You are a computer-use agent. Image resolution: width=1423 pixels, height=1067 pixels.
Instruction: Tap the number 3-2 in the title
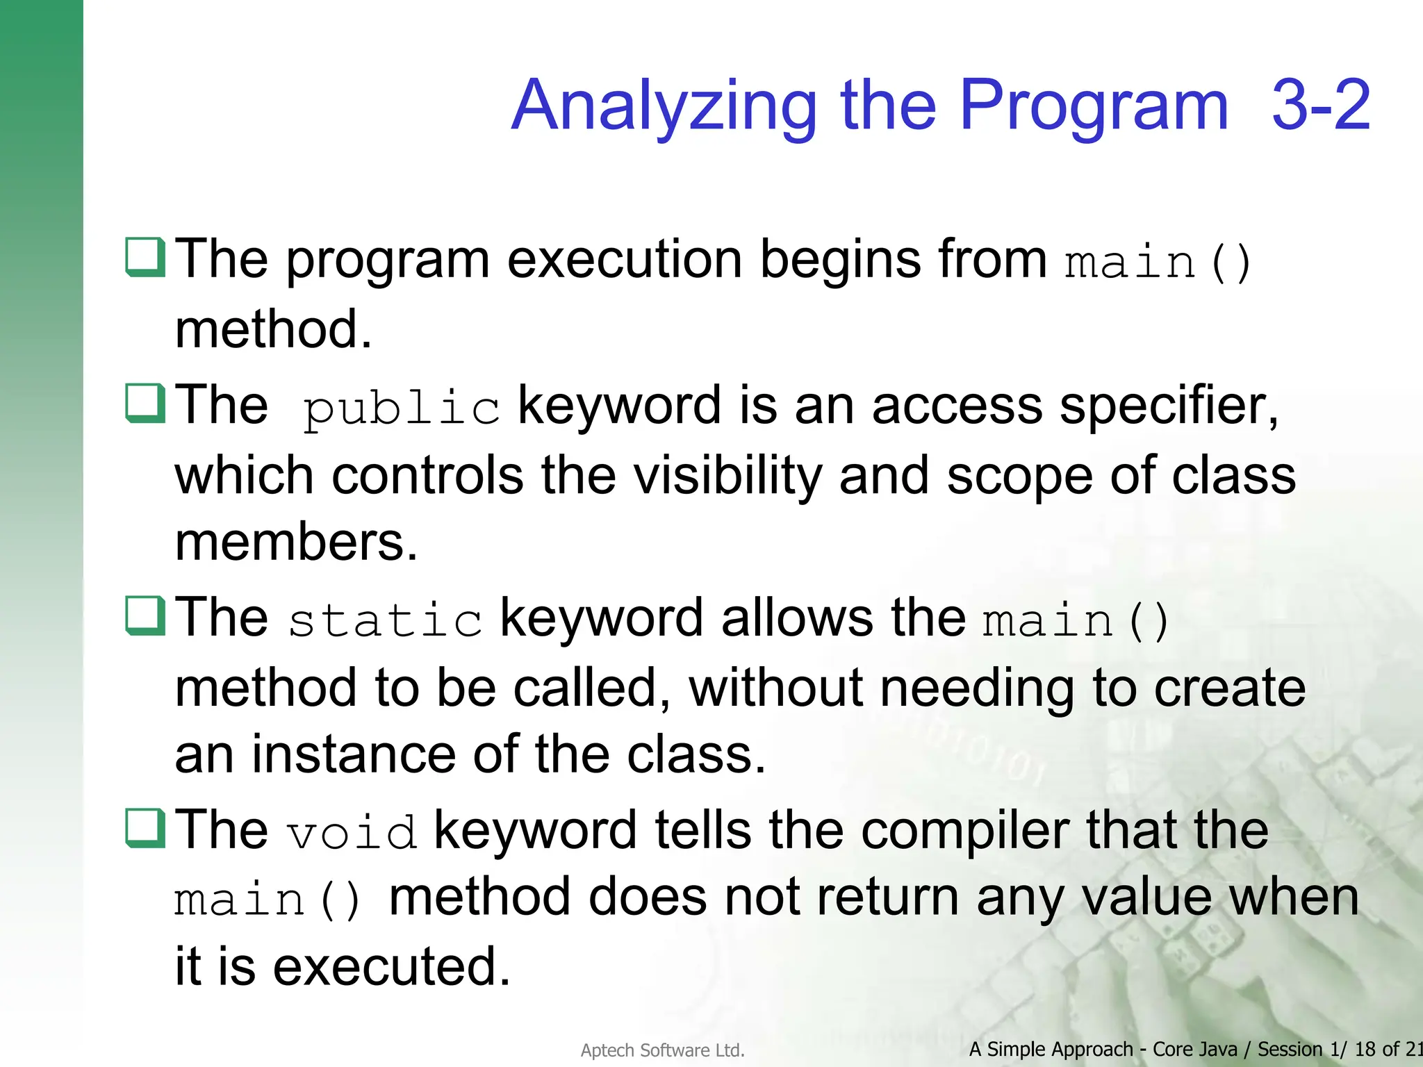tap(1320, 106)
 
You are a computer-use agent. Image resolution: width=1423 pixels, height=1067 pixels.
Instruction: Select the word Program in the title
tap(1094, 106)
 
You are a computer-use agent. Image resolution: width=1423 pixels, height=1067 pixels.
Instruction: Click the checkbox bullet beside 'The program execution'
tap(145, 257)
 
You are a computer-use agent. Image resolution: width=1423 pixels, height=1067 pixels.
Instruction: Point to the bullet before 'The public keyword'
tap(145, 403)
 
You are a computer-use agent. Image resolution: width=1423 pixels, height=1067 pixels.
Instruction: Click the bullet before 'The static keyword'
tap(145, 615)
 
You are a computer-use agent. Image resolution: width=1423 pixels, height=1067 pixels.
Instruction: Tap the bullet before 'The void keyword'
tap(145, 828)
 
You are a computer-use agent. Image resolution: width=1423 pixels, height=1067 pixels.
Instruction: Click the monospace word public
tap(401, 408)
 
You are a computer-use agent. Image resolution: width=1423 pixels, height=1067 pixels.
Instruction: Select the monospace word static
tap(385, 620)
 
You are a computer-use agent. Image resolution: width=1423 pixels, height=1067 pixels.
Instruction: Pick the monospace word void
tap(352, 832)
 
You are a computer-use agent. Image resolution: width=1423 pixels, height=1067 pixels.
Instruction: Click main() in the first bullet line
tap(1158, 263)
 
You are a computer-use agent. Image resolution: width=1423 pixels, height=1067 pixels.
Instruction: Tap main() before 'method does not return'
tap(268, 900)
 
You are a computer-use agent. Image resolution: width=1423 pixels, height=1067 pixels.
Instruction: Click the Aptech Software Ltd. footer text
tap(662, 1050)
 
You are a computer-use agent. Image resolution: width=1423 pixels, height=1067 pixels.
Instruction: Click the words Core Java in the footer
tap(1194, 1049)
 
